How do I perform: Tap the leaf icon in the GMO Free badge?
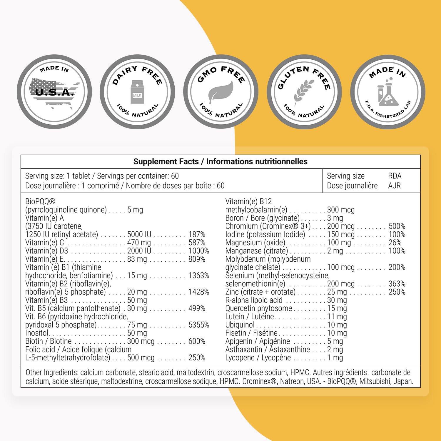pyautogui.click(x=220, y=92)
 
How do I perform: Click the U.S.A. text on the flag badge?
pyautogui.click(x=54, y=92)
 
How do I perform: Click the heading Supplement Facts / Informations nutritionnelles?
pyautogui.click(x=220, y=161)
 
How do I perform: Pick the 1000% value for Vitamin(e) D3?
pyautogui.click(x=199, y=251)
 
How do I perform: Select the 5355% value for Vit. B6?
pyautogui.click(x=199, y=325)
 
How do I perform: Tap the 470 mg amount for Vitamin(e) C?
pyautogui.click(x=139, y=243)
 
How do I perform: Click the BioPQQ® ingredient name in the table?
pyautogui.click(x=40, y=201)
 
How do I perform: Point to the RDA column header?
pyautogui.click(x=395, y=176)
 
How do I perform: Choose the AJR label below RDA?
pyautogui.click(x=394, y=186)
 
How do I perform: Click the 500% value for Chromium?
pyautogui.click(x=397, y=226)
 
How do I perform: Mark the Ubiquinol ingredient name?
pyautogui.click(x=240, y=325)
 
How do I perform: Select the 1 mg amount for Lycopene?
pyautogui.click(x=335, y=358)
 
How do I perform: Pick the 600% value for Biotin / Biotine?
pyautogui.click(x=197, y=341)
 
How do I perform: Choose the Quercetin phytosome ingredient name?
pyautogui.click(x=259, y=308)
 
